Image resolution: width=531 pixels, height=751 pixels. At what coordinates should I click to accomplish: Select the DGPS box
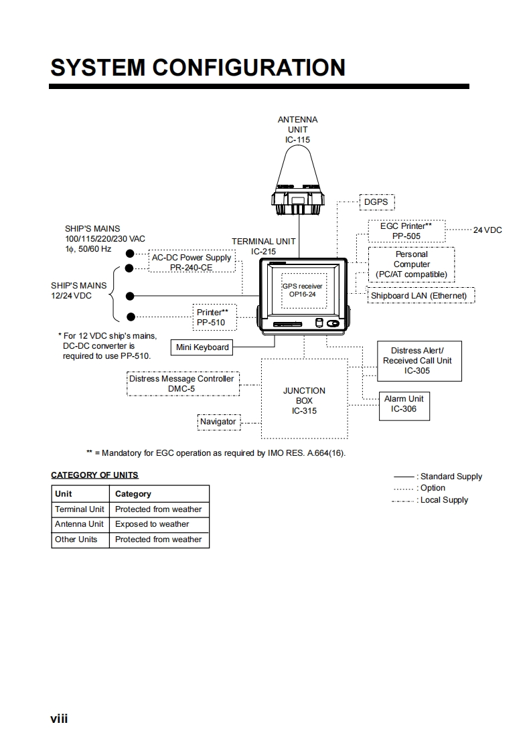(376, 201)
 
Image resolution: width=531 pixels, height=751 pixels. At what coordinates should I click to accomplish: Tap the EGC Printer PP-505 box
(406, 231)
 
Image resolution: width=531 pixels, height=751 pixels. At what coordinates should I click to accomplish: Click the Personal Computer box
(411, 264)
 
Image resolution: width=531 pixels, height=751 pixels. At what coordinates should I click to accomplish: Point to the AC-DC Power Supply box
(192, 262)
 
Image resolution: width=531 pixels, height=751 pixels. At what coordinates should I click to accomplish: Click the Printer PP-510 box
(212, 317)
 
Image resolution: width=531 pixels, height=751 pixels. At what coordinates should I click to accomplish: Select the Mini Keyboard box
(202, 347)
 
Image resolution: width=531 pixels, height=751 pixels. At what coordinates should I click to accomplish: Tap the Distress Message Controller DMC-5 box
(181, 384)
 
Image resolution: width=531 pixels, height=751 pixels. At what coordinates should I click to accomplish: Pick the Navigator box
(218, 422)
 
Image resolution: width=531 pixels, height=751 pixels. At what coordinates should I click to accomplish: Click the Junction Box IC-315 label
(304, 400)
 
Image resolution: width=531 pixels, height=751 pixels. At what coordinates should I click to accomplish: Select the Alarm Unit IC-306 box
(404, 404)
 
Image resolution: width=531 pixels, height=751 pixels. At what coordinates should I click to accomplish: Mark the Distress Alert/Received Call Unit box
(417, 361)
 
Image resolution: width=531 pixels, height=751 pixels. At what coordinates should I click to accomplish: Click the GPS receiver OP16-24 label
(302, 290)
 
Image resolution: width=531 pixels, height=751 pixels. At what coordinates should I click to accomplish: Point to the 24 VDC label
(487, 230)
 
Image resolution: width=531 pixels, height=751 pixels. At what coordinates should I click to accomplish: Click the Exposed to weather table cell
(152, 524)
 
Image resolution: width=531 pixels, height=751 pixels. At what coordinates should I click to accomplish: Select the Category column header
(133, 494)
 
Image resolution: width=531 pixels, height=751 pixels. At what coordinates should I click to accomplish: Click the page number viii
(59, 720)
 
